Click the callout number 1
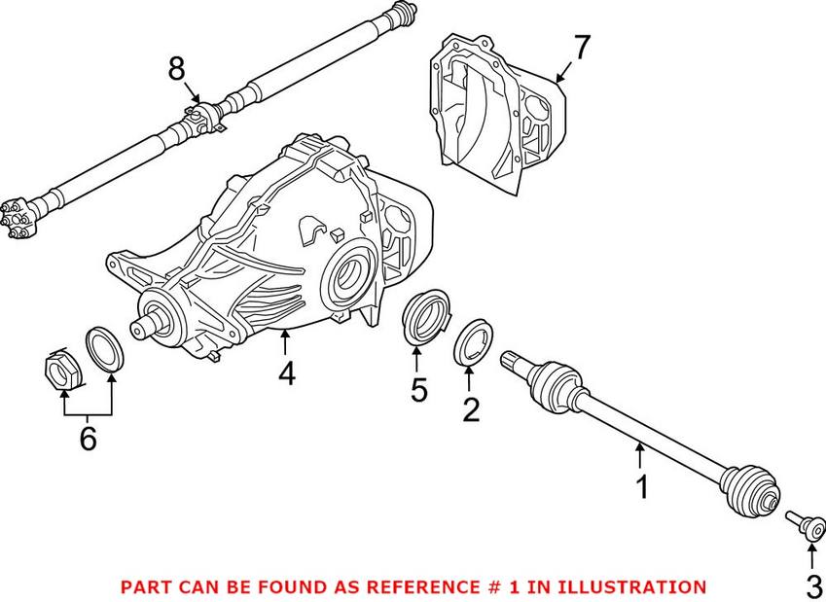click(x=642, y=486)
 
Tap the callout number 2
click(x=471, y=409)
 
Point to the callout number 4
click(x=287, y=373)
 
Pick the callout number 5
click(x=418, y=390)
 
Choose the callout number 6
click(x=88, y=439)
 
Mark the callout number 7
click(x=582, y=49)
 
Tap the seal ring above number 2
click(x=473, y=341)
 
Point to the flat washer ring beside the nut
click(x=104, y=350)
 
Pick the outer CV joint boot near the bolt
click(x=749, y=488)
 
